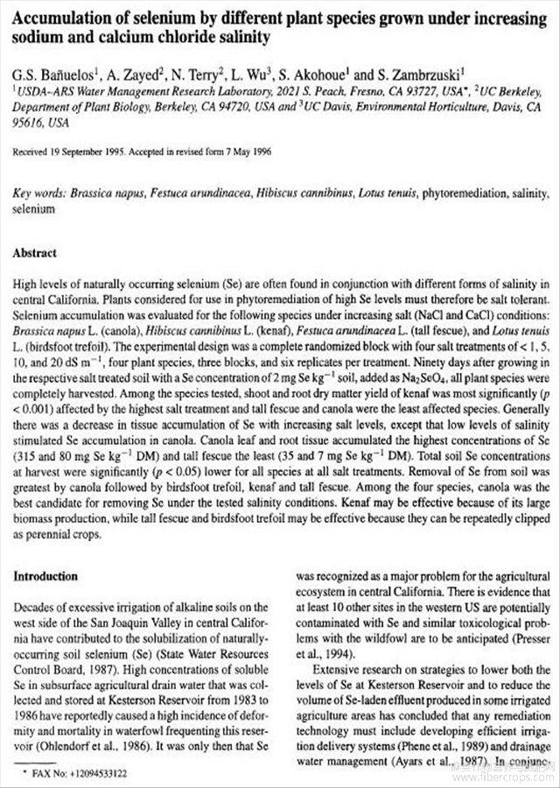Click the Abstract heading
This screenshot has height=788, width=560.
point(35,253)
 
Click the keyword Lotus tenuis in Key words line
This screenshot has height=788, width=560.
point(373,194)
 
